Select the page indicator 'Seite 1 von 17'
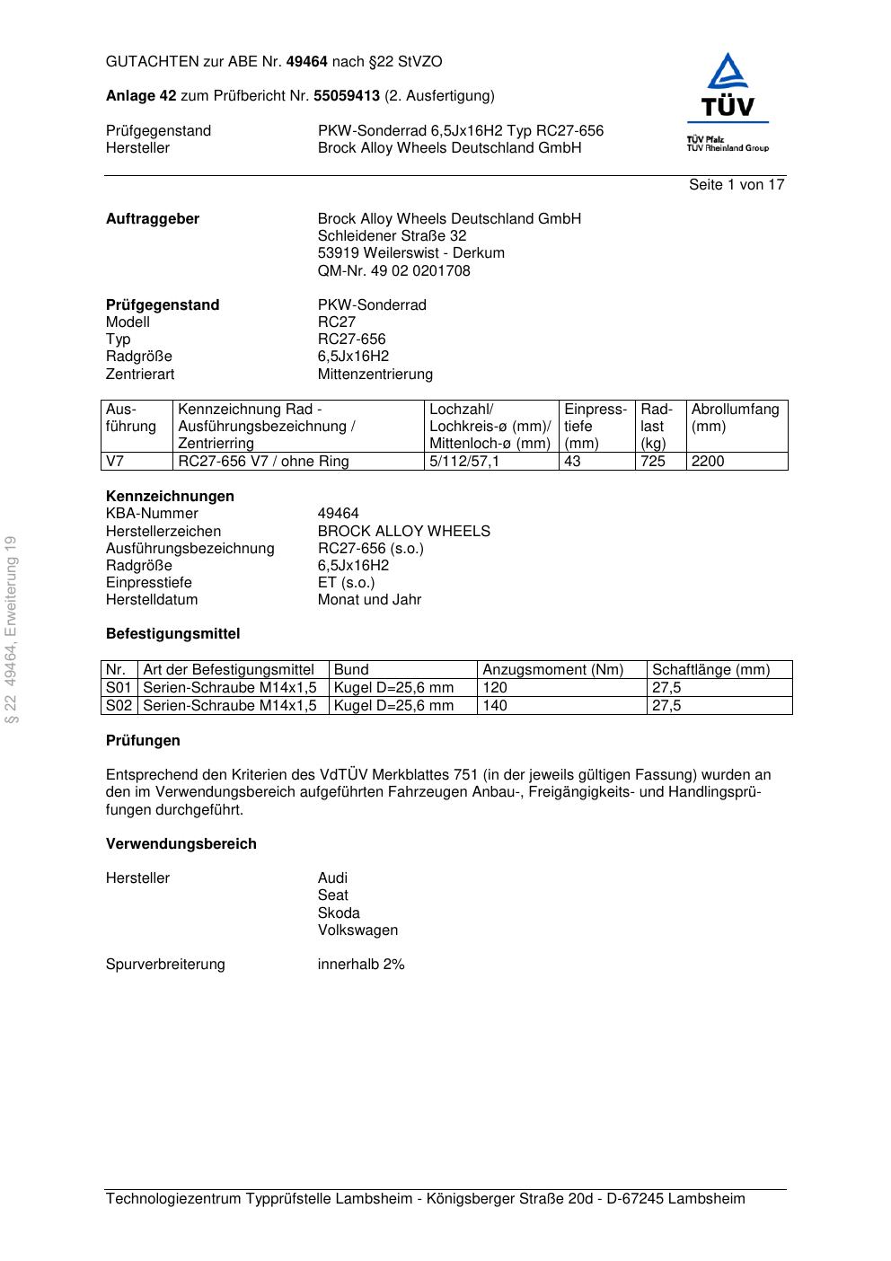click(737, 185)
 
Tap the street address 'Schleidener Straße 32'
click(392, 236)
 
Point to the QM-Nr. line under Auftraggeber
click(393, 271)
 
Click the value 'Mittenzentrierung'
click(375, 375)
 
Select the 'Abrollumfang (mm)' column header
click(735, 418)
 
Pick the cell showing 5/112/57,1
click(464, 462)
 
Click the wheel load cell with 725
click(653, 462)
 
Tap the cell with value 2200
click(708, 462)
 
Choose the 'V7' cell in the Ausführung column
click(115, 462)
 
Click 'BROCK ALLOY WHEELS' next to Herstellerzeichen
click(403, 532)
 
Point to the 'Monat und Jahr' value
click(369, 600)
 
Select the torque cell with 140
click(495, 706)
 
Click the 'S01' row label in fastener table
click(119, 688)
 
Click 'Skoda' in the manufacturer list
click(339, 913)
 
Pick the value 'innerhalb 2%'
click(361, 965)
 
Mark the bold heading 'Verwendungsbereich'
click(181, 844)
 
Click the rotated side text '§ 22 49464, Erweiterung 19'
click(11, 630)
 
